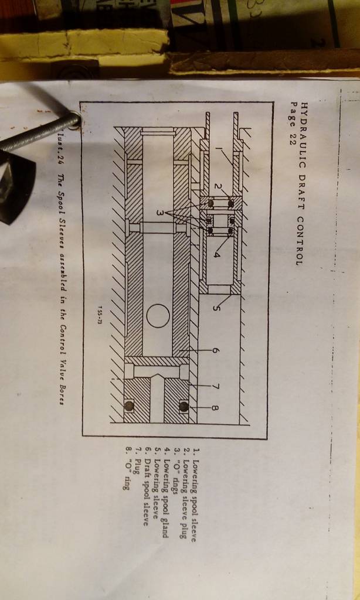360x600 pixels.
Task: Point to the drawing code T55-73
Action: tap(100, 315)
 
